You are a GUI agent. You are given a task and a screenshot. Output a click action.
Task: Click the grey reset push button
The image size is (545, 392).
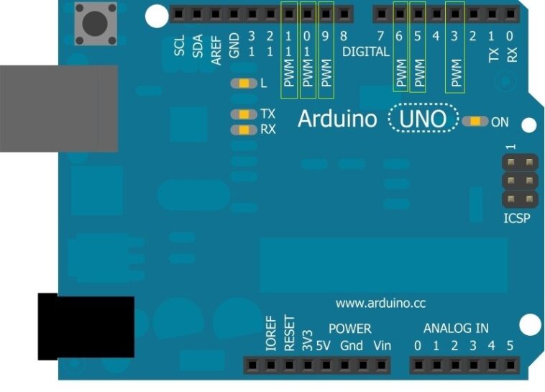point(96,24)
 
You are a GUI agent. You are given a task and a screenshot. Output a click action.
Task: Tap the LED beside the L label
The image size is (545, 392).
point(244,83)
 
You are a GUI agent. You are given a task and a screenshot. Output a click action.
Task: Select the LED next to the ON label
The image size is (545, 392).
point(475,122)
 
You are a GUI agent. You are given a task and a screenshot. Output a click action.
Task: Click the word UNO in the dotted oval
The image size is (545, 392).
point(423,119)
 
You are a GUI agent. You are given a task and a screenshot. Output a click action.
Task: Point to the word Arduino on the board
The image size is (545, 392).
point(337,119)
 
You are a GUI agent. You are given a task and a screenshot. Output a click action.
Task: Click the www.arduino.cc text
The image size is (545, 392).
point(380,304)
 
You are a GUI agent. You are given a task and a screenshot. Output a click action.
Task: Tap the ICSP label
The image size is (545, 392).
point(517,218)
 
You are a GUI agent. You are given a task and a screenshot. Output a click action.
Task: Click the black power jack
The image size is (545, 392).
point(86,327)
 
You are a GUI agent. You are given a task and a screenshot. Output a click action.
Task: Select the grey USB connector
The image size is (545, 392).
point(59,109)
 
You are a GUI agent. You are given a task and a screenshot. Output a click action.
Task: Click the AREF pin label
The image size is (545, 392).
point(216,50)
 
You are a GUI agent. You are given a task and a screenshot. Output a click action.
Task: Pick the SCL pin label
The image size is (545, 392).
point(179,45)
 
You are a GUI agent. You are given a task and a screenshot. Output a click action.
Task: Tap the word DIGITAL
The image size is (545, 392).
point(366,52)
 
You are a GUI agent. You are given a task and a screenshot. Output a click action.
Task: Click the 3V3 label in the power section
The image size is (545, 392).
point(307,340)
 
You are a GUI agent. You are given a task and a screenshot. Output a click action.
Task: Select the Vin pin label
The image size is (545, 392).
point(383,346)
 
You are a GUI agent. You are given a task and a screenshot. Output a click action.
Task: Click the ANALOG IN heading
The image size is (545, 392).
point(456,328)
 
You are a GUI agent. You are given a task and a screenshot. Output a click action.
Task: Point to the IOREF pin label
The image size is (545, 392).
point(271,333)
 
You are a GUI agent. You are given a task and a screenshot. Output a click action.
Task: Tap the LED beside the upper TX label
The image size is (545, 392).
point(244,114)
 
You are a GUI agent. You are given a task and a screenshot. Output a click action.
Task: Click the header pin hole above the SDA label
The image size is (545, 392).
point(197,14)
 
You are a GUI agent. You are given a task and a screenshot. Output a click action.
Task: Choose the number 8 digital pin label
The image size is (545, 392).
point(344,36)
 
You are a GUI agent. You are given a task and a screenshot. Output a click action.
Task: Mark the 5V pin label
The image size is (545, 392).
point(323,346)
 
